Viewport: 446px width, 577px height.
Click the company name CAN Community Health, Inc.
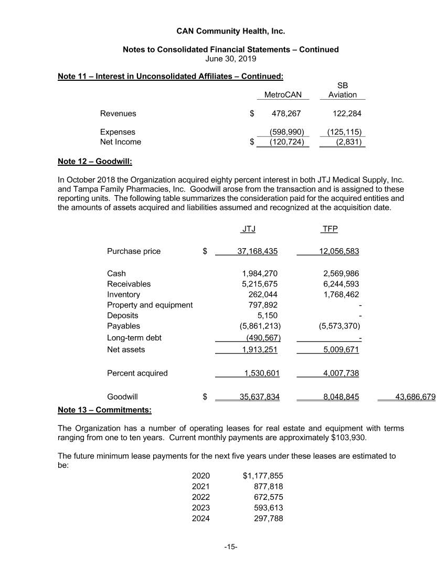230,31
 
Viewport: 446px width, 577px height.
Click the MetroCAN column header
283,95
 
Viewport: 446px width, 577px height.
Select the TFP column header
330,230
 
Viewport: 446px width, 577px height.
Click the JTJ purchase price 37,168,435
257,251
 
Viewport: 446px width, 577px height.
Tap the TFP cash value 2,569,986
339,273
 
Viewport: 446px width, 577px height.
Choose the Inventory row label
123,295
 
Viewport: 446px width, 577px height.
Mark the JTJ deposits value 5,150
268,316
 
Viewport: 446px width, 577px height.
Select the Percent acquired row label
137,373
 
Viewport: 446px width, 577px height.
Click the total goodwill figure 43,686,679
415,397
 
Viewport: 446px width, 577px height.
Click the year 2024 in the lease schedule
200,519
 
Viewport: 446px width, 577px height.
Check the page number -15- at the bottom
231,547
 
